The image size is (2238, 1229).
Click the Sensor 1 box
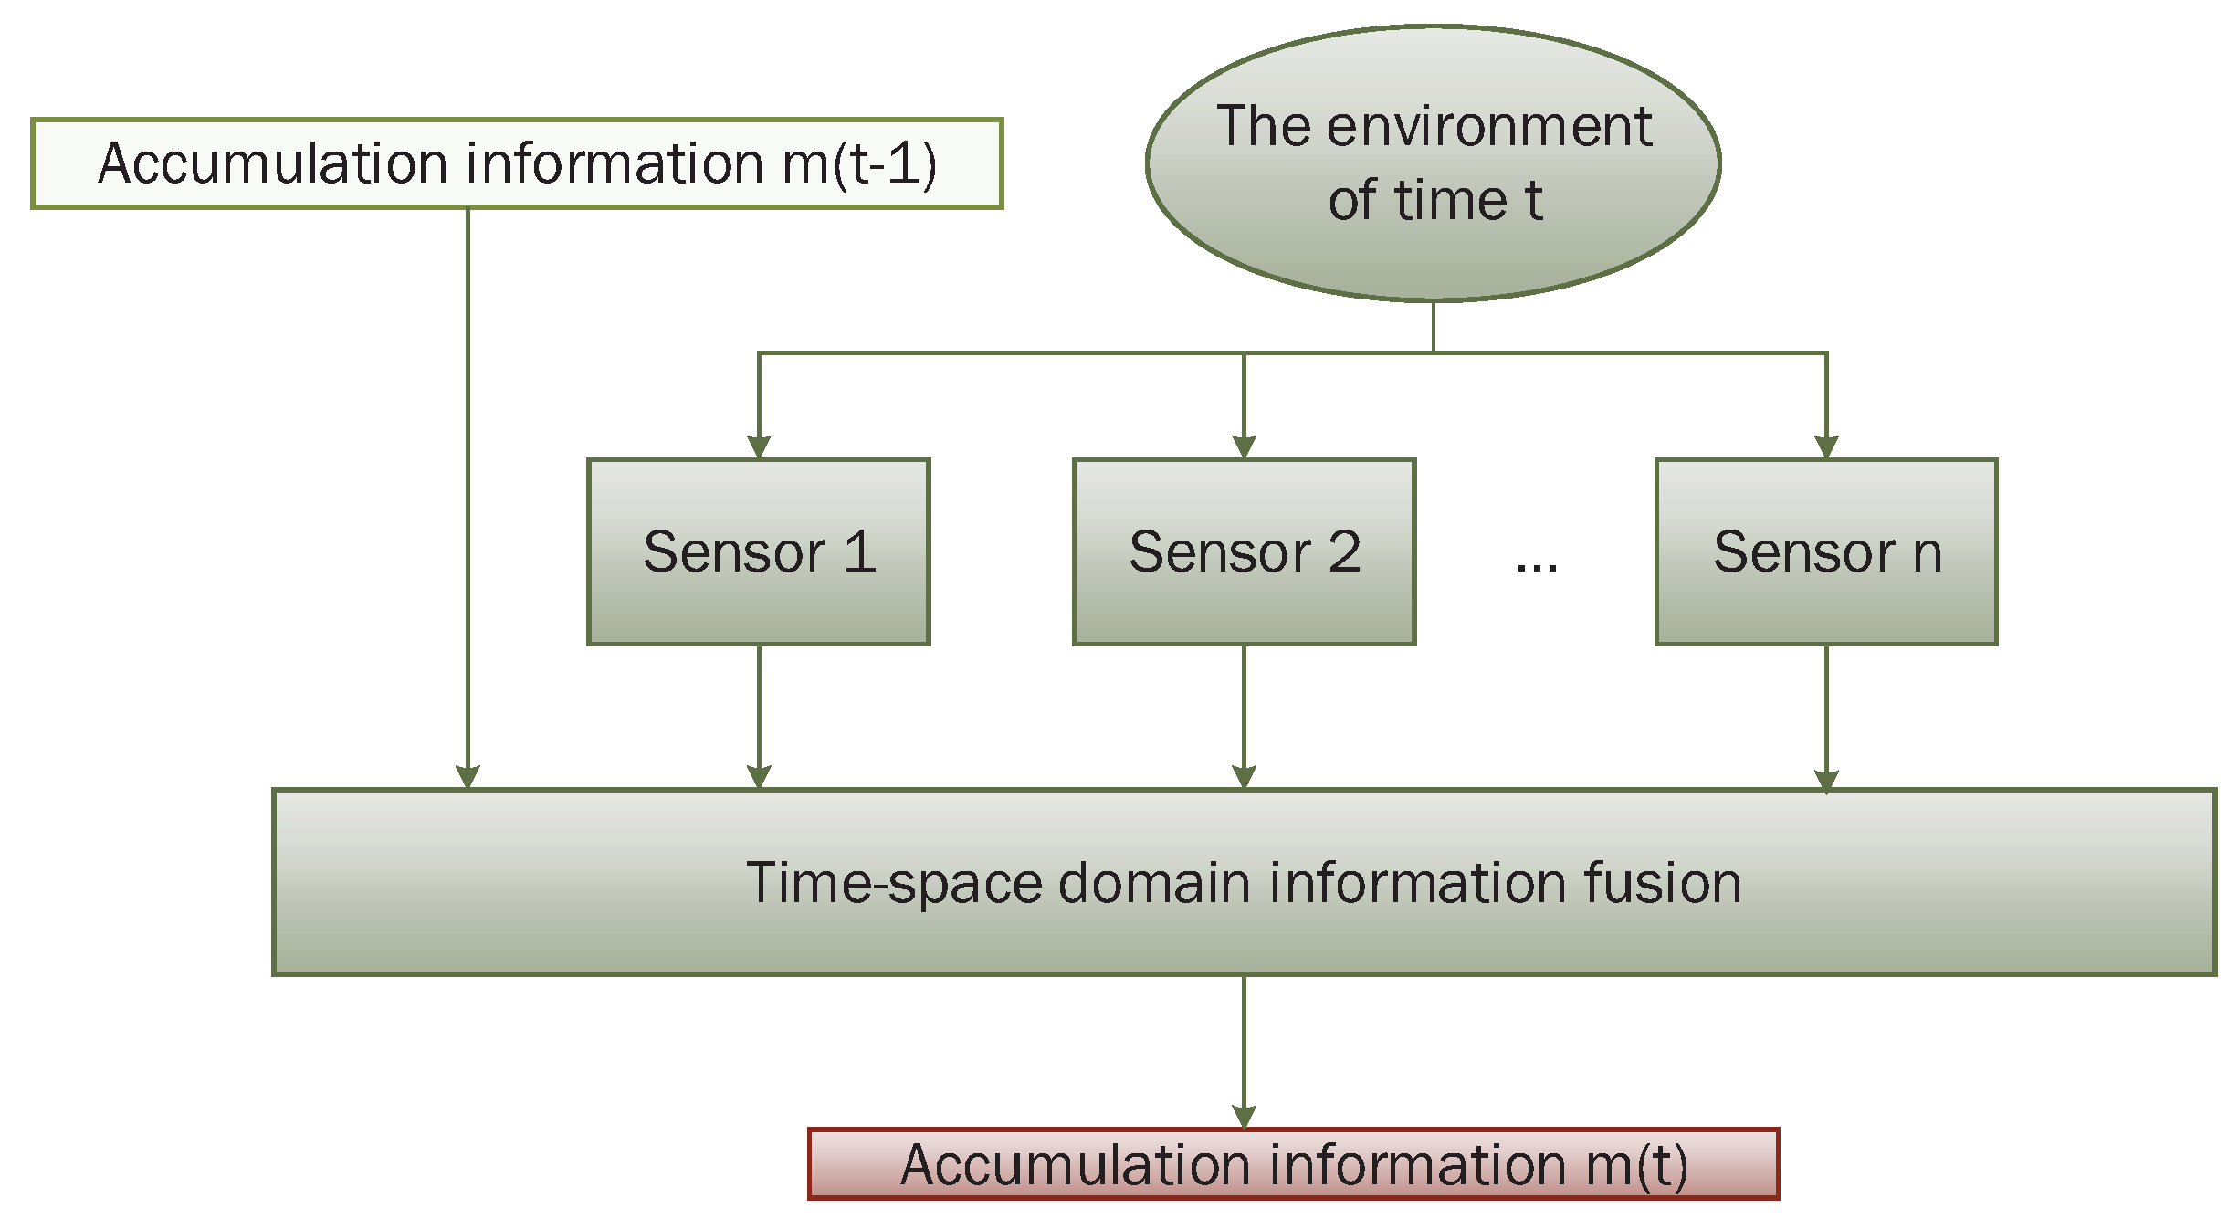[x=758, y=552]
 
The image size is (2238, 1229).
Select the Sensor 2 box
[x=1244, y=552]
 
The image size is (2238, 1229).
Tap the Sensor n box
[x=1826, y=552]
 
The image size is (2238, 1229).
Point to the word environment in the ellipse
[x=1488, y=126]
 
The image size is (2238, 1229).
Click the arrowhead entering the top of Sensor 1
[x=759, y=447]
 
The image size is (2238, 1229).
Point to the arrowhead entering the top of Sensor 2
[x=1244, y=447]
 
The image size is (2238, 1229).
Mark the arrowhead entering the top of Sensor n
[x=1826, y=447]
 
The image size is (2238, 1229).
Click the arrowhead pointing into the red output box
[x=1244, y=1117]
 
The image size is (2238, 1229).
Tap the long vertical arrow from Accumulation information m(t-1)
[x=468, y=493]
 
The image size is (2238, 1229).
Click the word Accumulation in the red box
[x=1075, y=1166]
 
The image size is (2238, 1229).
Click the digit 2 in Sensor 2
[x=1344, y=552]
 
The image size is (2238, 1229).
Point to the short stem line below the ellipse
[x=1434, y=326]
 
